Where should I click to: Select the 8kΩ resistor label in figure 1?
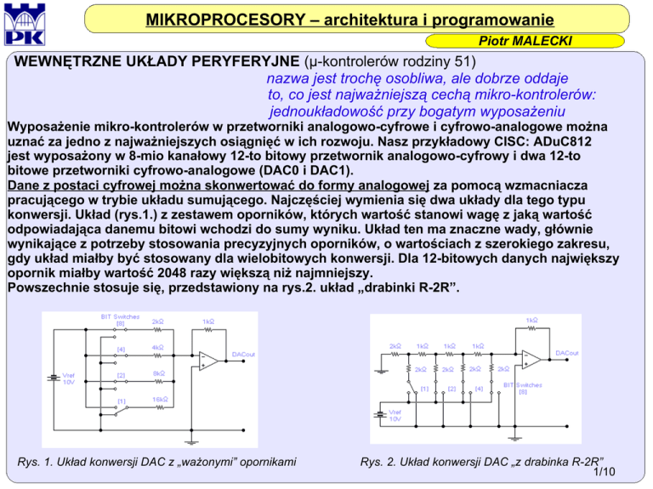coord(159,372)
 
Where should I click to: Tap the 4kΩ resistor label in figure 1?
coord(159,347)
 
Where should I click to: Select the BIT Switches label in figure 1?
coord(118,319)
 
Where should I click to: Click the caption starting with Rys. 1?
coord(156,462)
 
